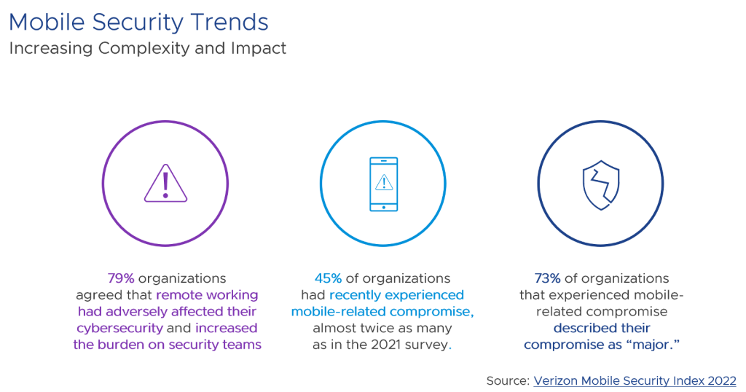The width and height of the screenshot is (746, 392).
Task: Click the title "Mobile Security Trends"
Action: pos(138,22)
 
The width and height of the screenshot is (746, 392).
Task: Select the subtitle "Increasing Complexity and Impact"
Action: pos(147,49)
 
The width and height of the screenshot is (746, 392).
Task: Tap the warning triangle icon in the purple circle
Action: pos(165,183)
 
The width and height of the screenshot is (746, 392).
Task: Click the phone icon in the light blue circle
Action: pos(383,184)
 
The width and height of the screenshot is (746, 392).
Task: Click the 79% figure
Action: pos(120,278)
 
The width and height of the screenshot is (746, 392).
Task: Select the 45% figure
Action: pos(329,278)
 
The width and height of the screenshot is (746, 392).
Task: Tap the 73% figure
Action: pos(547,278)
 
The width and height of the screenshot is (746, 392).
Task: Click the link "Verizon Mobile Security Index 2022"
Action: pos(635,380)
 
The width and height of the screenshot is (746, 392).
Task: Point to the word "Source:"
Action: pos(508,380)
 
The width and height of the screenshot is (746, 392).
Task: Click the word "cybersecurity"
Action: pos(117,328)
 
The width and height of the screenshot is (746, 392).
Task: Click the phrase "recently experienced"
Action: pos(396,295)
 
